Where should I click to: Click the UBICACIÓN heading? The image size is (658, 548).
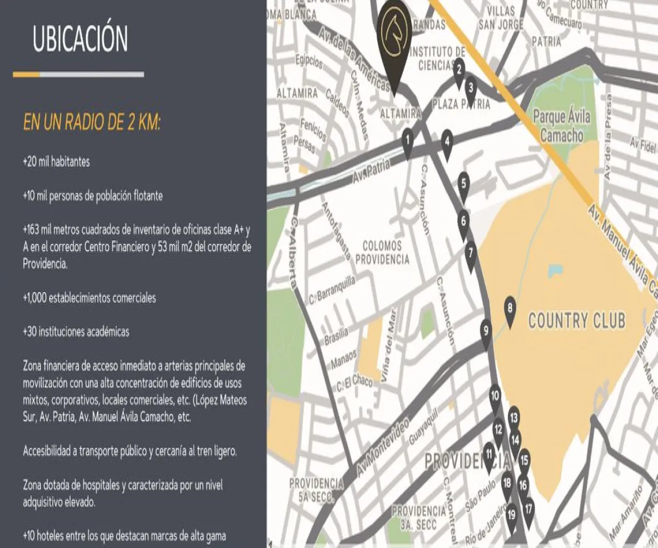[81, 39]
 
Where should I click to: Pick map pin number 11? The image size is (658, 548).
[489, 455]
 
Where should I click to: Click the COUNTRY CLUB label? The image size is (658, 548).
[576, 321]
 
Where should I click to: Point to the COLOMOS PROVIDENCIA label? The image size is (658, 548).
[383, 253]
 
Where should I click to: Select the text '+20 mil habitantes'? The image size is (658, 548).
[56, 163]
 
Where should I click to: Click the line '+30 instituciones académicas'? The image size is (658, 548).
[76, 332]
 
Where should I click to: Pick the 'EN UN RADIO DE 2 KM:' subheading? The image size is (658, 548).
[92, 122]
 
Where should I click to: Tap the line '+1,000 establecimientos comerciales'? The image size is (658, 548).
[89, 298]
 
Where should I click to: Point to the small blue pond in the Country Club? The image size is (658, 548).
[554, 271]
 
